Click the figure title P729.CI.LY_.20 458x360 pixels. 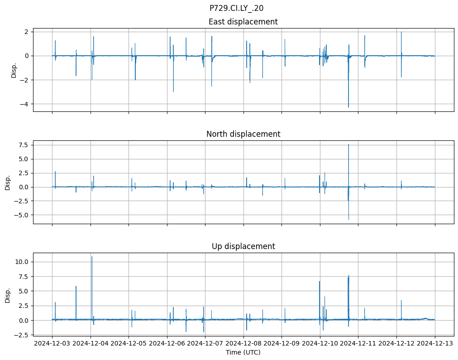point(236,8)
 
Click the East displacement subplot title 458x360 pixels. point(243,22)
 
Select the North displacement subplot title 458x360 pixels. point(243,134)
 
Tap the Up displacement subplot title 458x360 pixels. point(243,246)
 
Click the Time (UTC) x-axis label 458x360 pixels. point(243,352)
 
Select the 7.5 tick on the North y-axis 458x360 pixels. point(23,145)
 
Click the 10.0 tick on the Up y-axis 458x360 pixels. point(22,262)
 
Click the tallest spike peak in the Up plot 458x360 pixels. point(92,257)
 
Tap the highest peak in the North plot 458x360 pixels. point(348,144)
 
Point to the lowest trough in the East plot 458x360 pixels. point(348,107)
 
